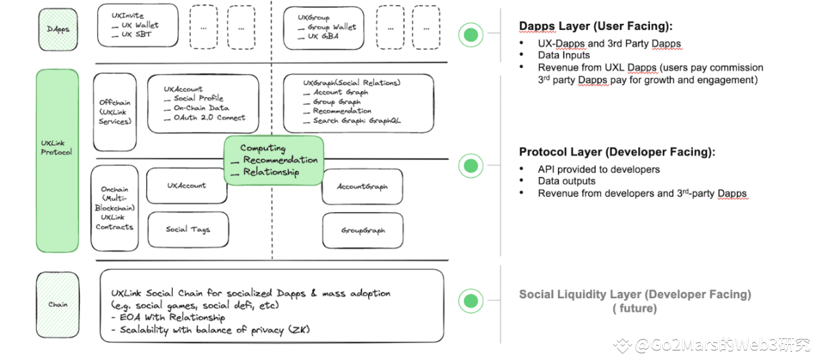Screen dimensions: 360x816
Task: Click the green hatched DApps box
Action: [58, 29]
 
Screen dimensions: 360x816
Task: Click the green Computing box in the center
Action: [274, 160]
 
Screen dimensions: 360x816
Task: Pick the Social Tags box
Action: [188, 229]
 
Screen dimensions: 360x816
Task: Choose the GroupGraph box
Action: [363, 230]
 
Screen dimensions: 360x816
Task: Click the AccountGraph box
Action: [363, 186]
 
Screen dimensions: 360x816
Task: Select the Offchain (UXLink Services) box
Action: [114, 112]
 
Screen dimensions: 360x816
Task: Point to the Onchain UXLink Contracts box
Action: [114, 208]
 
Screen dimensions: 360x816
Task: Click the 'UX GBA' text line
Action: [323, 36]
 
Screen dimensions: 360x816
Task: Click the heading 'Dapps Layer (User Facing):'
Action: [595, 27]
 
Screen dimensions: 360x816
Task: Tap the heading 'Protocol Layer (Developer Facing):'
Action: [617, 152]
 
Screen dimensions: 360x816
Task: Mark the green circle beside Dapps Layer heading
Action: [470, 35]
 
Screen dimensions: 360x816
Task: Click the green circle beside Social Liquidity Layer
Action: [470, 300]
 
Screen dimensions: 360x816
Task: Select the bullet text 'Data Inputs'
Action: [564, 55]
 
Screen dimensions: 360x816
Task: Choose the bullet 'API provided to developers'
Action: [599, 169]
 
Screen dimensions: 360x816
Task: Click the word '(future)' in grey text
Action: [634, 308]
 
